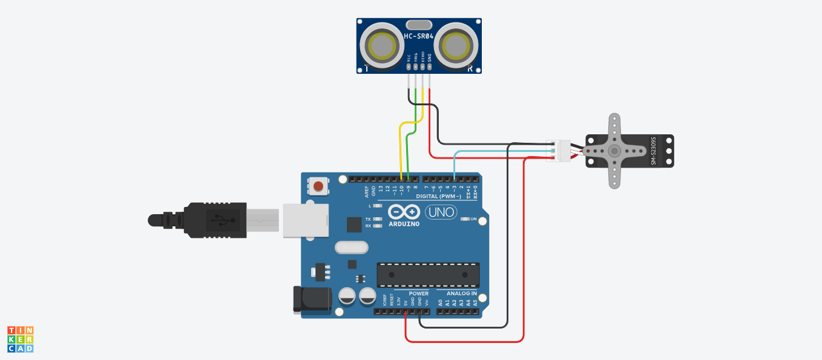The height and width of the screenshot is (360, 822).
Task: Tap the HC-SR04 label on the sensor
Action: pos(419,37)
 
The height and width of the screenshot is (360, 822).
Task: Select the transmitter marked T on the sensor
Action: pos(383,45)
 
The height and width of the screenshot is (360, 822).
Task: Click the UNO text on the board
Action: pos(441,212)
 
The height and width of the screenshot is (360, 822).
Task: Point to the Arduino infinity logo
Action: pos(404,212)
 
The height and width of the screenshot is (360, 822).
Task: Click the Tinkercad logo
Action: pos(20,339)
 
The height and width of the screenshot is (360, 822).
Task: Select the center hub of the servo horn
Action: pos(614,151)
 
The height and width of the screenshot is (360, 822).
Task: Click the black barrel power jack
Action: pos(312,299)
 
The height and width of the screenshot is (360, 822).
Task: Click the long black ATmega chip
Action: pos(428,275)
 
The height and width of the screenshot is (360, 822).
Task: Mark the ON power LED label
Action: pos(473,219)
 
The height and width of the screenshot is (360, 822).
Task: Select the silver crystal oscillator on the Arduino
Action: pos(351,247)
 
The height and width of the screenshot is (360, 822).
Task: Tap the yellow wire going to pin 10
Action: pos(400,151)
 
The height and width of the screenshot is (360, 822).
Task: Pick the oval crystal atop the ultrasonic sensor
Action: pos(419,25)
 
